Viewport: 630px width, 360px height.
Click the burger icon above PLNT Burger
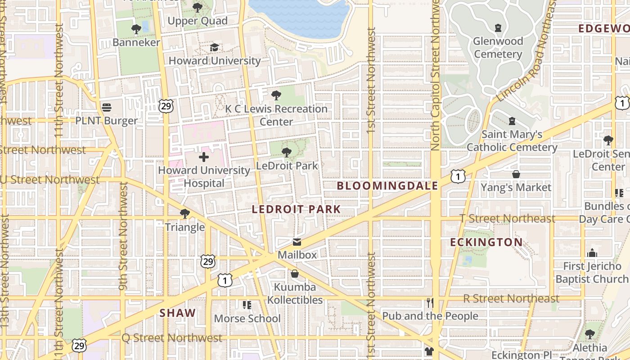[x=107, y=107]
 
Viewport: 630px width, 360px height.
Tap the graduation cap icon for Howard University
[x=214, y=47]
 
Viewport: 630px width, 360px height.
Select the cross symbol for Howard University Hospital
[x=204, y=157]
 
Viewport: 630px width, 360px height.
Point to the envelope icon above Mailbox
[x=297, y=242]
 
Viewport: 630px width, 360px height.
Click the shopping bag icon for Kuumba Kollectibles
[x=295, y=274]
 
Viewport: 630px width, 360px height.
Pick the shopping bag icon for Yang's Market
[x=516, y=174]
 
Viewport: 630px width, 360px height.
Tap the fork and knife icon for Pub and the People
[x=430, y=302]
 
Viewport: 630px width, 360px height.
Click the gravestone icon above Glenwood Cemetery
[x=498, y=28]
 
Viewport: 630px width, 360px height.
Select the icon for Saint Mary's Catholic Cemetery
[x=512, y=121]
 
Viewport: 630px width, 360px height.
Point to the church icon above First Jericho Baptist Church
[x=592, y=253]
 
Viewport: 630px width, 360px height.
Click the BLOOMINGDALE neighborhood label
[x=387, y=186]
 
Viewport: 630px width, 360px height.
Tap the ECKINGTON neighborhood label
[x=486, y=243]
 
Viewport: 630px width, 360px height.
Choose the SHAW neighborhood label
[x=178, y=313]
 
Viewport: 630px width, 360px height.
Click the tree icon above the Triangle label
[x=184, y=213]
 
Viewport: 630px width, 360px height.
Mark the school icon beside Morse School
[x=247, y=305]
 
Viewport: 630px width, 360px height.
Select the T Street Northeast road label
[x=507, y=219]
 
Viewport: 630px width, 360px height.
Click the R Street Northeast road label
[x=511, y=298]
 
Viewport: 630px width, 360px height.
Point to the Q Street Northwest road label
[x=172, y=338]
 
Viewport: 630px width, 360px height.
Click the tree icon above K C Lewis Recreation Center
[x=276, y=95]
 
